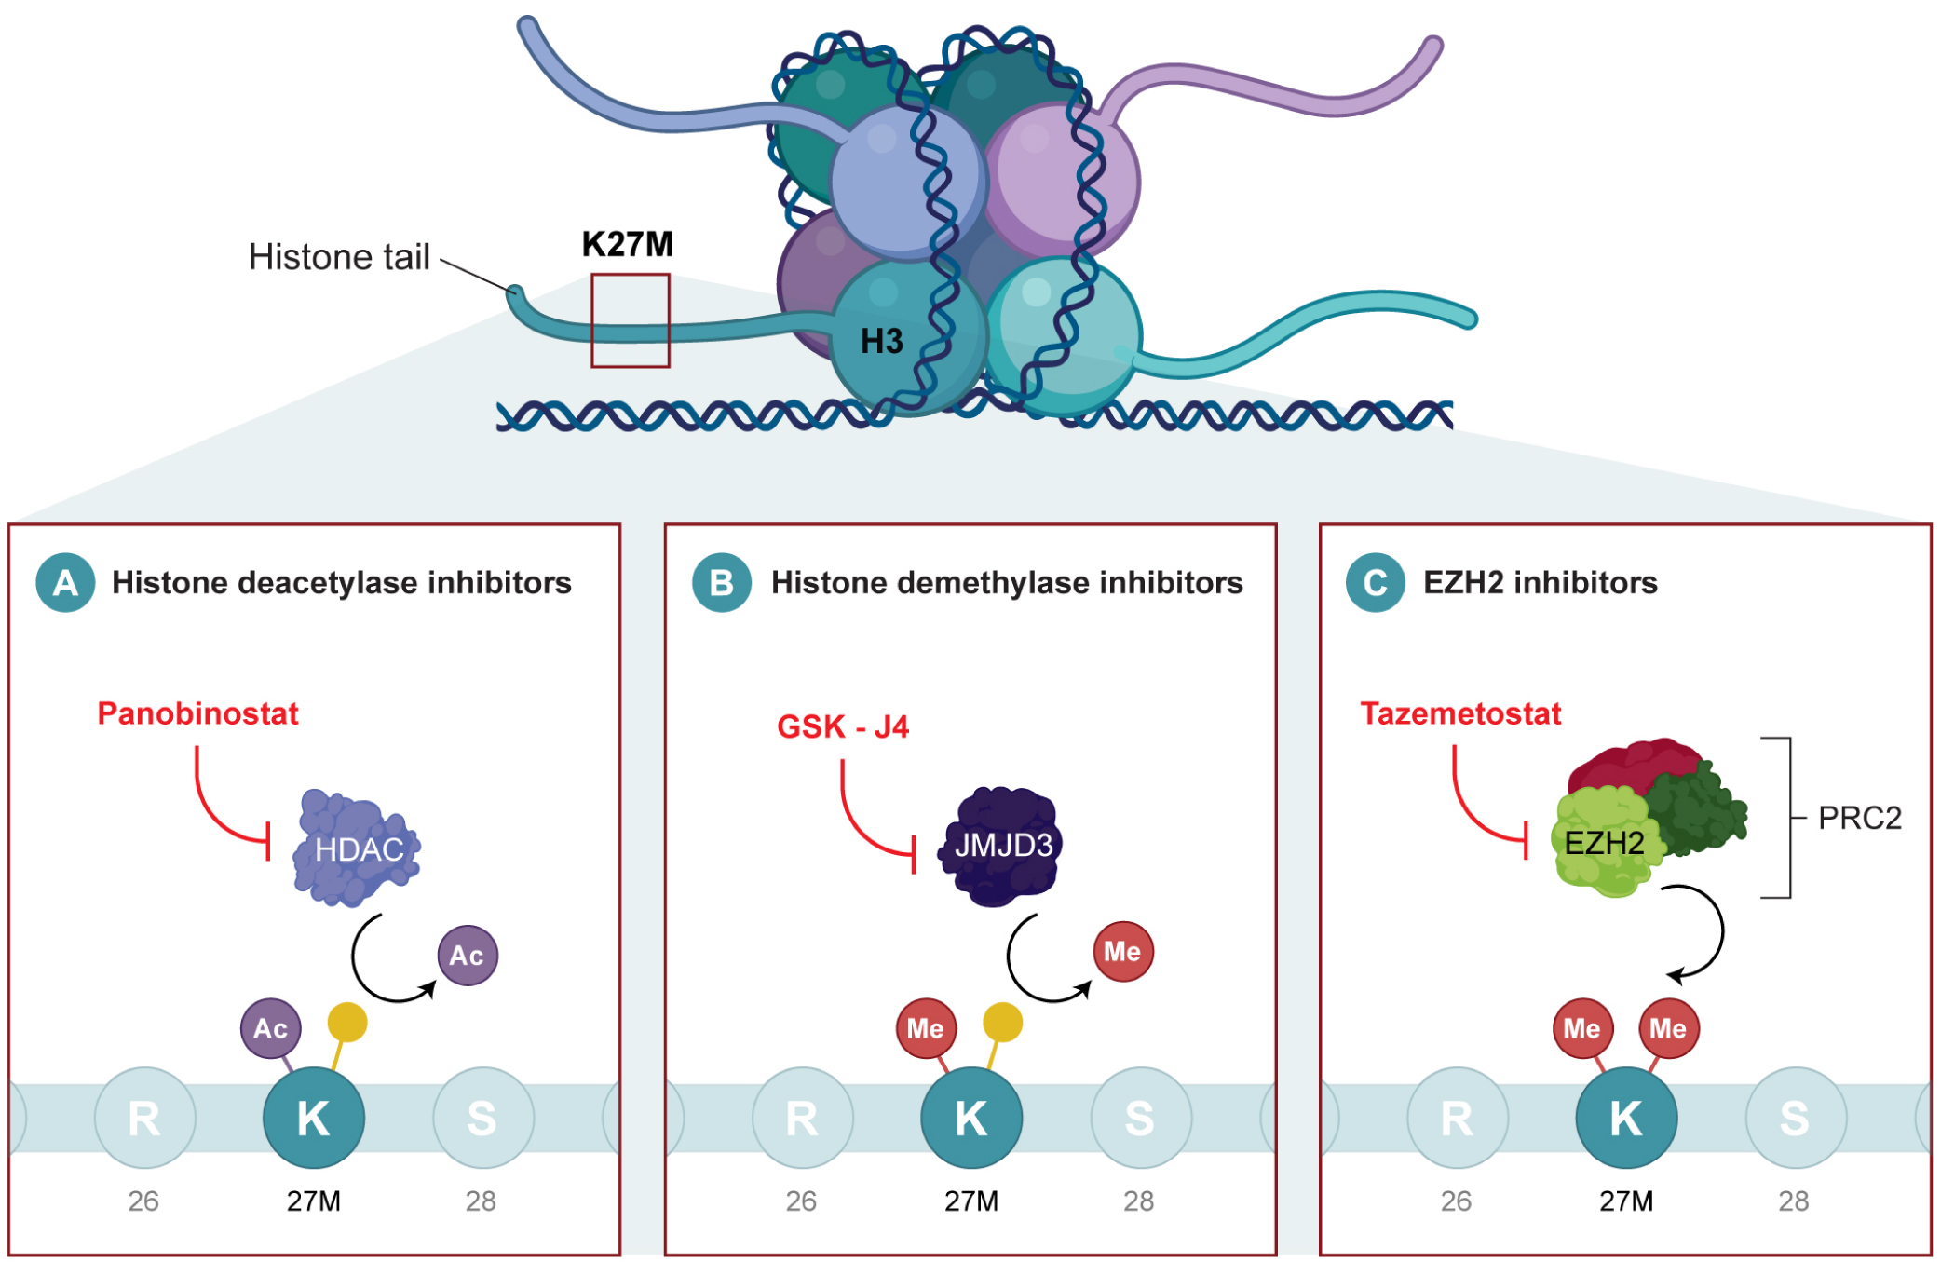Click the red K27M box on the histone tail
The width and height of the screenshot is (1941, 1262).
pos(630,319)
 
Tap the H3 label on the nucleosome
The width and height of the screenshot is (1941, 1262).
pos(881,342)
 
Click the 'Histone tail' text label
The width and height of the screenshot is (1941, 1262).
pos(338,257)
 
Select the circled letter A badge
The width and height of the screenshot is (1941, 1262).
pos(65,582)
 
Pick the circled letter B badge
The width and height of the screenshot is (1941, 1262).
pos(721,582)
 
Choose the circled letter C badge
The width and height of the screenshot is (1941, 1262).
pos(1375,582)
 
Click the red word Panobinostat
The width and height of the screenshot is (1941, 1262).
pos(197,713)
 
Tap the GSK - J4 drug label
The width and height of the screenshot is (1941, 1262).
pos(842,726)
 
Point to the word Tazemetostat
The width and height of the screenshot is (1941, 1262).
pos(1459,713)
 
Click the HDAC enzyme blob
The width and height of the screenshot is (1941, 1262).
pos(357,848)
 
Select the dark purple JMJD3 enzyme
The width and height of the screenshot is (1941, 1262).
pos(1002,846)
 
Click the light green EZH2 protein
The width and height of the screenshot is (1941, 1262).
pos(1603,843)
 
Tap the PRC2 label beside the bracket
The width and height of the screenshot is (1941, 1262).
pos(1859,818)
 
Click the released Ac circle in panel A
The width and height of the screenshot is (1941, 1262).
pos(468,955)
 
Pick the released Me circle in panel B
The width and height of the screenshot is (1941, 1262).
pos(1122,951)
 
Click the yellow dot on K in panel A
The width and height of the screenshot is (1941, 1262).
pos(347,1022)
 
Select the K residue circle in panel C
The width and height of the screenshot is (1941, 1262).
pos(1625,1118)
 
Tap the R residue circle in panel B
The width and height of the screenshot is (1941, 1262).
pos(802,1118)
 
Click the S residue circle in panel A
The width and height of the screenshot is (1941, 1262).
pos(482,1118)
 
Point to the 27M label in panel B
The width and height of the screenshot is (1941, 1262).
pos(970,1201)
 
